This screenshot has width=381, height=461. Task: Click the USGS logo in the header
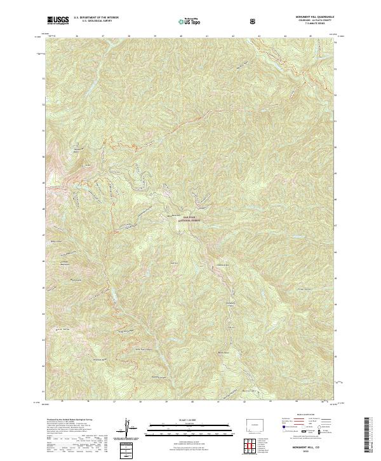(58, 20)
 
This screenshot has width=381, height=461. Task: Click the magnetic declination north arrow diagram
(128, 427)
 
